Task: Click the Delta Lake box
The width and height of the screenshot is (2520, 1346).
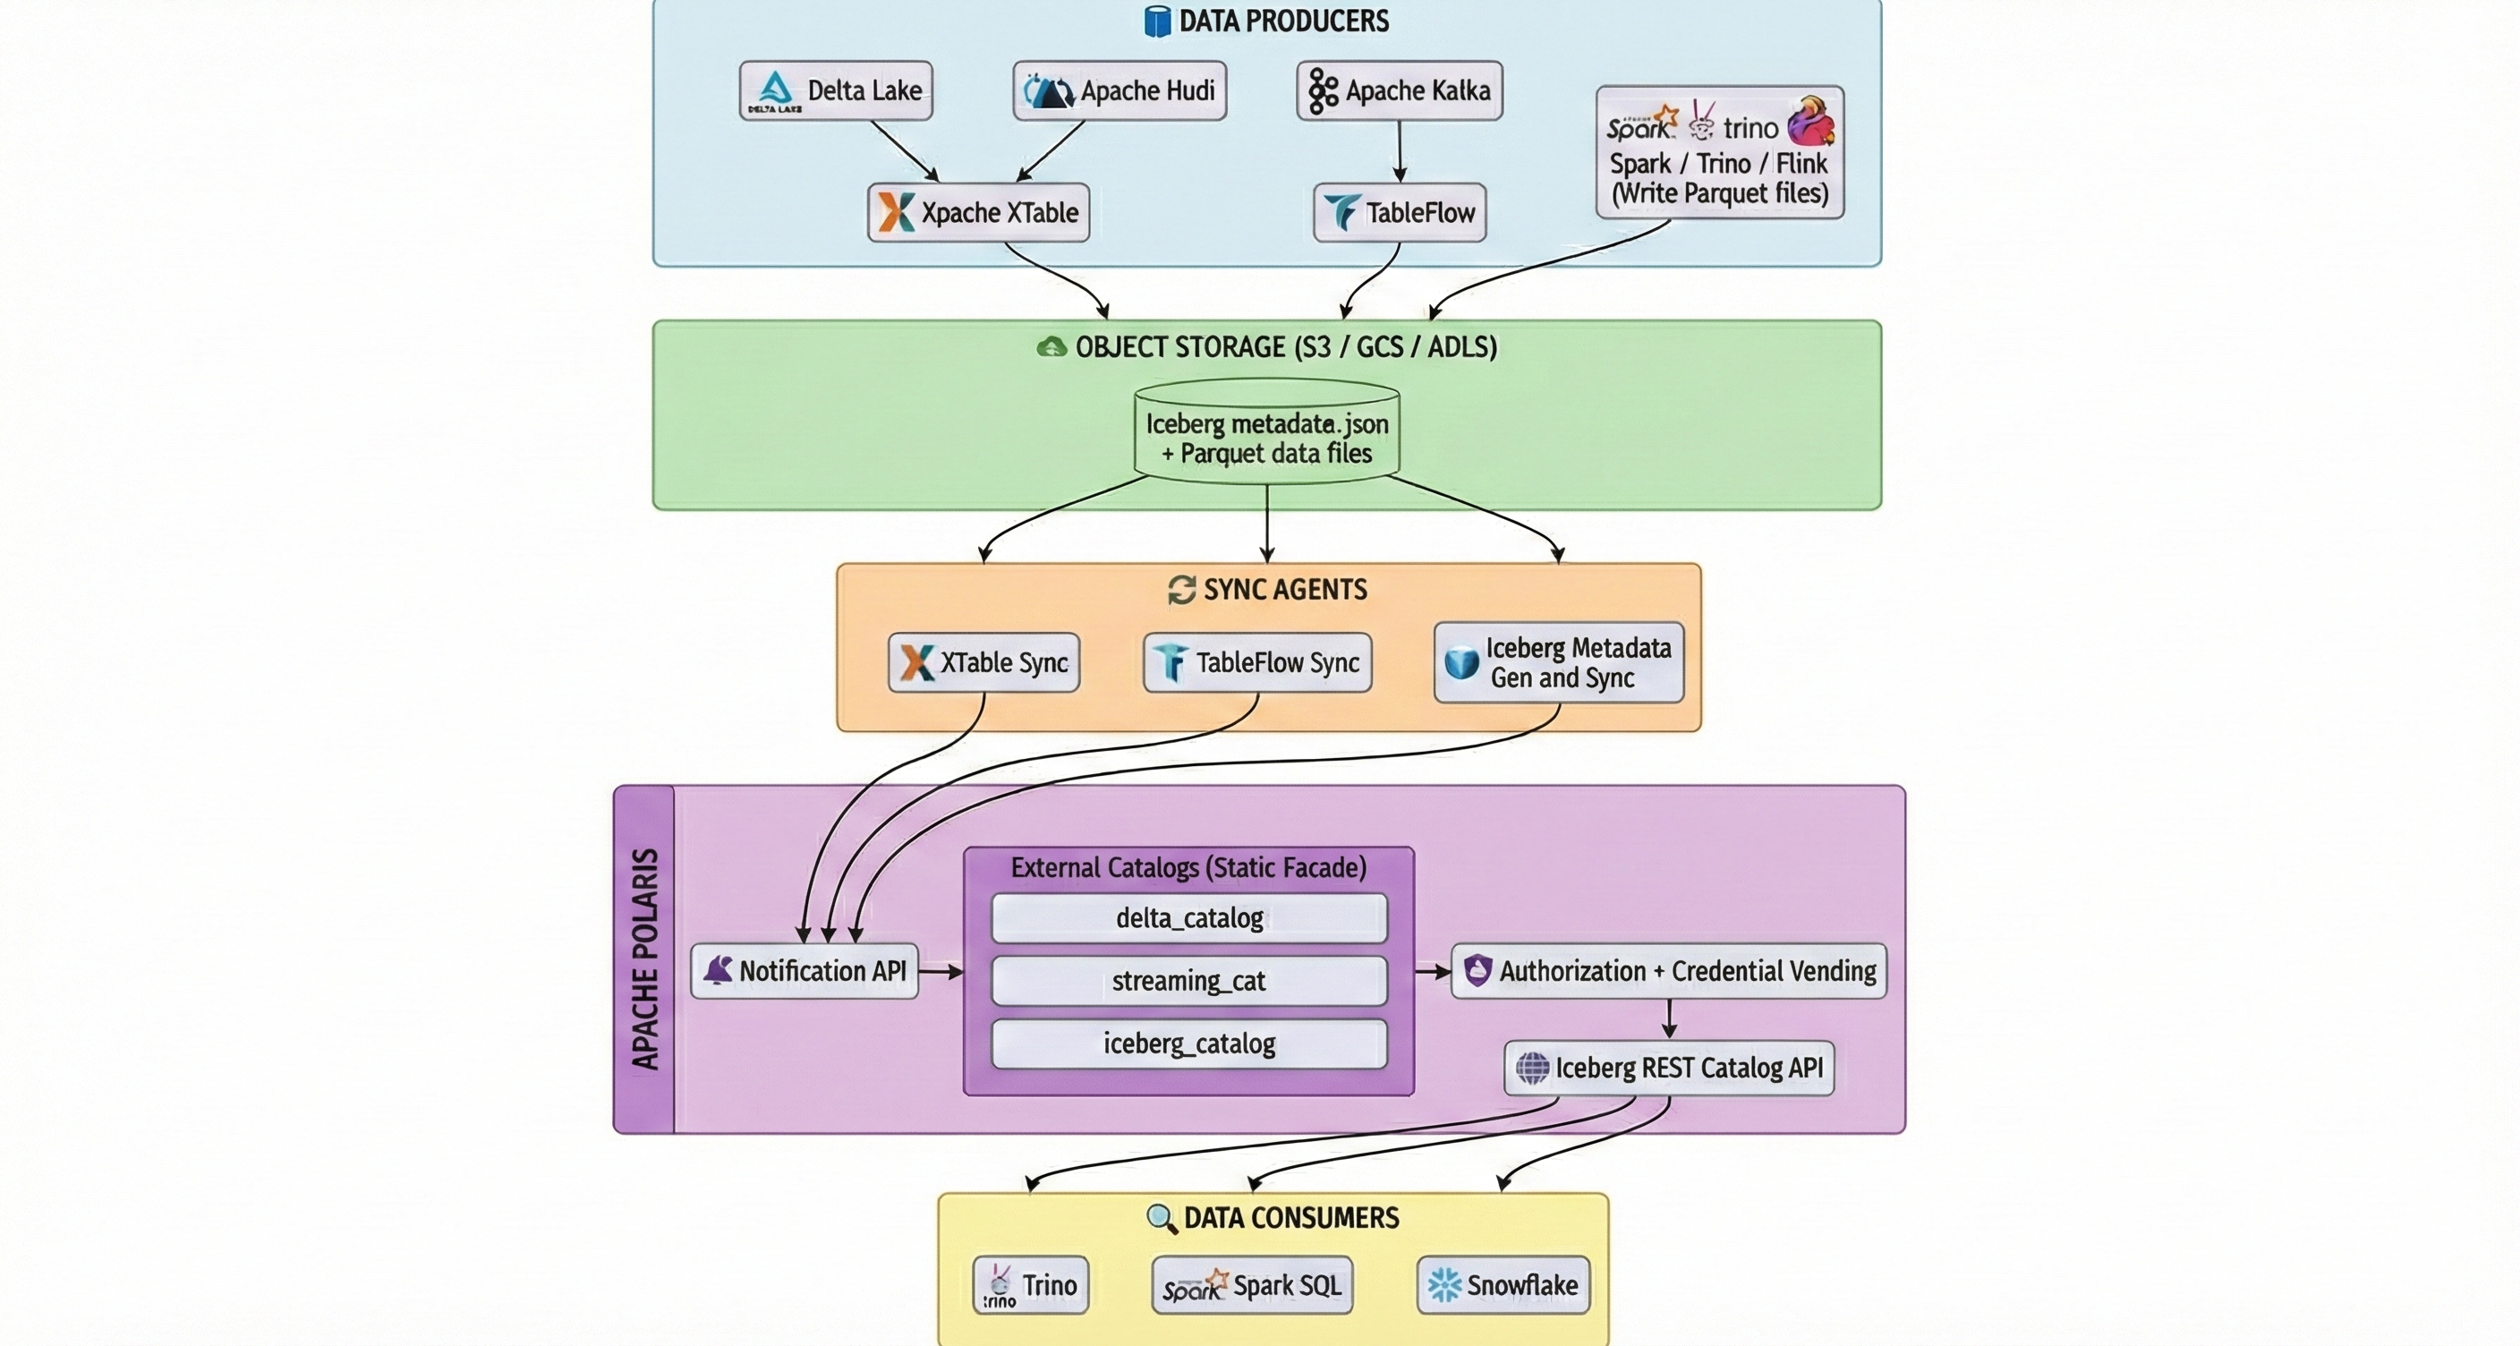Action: [x=836, y=91]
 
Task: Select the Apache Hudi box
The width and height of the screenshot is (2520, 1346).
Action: [x=1120, y=91]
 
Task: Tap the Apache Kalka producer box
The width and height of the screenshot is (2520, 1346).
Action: [x=1399, y=91]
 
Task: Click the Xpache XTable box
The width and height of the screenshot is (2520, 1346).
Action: [x=978, y=212]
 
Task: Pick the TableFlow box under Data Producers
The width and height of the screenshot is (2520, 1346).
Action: [x=1399, y=212]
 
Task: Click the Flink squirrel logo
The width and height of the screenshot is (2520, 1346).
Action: [x=1809, y=123]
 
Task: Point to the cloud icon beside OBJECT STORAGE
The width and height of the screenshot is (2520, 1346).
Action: [x=1051, y=346]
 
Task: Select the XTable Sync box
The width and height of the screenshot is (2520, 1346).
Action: [x=984, y=662]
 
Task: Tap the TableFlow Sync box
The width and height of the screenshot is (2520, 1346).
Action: [x=1257, y=662]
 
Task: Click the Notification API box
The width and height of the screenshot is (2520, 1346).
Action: [x=805, y=970]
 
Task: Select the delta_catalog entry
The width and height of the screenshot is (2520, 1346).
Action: [x=1188, y=917]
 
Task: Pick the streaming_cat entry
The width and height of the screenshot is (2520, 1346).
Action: [x=1188, y=980]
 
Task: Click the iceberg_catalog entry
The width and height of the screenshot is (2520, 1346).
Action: [x=1188, y=1043]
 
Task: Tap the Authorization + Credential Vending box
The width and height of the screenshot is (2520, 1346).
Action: [x=1668, y=970]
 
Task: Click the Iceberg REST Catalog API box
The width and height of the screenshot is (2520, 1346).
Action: [x=1669, y=1067]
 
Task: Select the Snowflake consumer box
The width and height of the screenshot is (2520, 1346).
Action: [x=1503, y=1284]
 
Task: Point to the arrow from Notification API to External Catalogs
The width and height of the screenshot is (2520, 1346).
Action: [x=941, y=971]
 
